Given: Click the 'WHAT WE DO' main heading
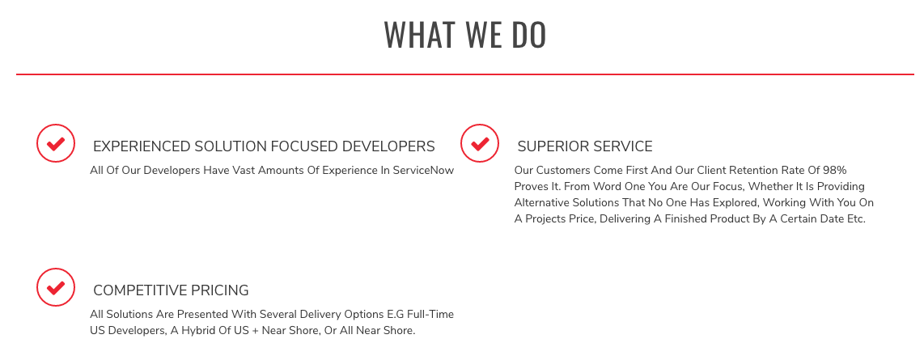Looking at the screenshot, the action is tap(465, 35).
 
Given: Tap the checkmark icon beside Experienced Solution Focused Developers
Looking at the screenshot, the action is tap(56, 143).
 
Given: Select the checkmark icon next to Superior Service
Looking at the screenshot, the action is tap(480, 143).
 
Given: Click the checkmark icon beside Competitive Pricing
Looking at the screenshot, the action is tap(56, 287).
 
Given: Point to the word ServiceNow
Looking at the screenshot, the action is tap(424, 170).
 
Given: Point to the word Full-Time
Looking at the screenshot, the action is tap(430, 315).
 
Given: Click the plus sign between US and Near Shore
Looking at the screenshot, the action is tap(255, 331).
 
